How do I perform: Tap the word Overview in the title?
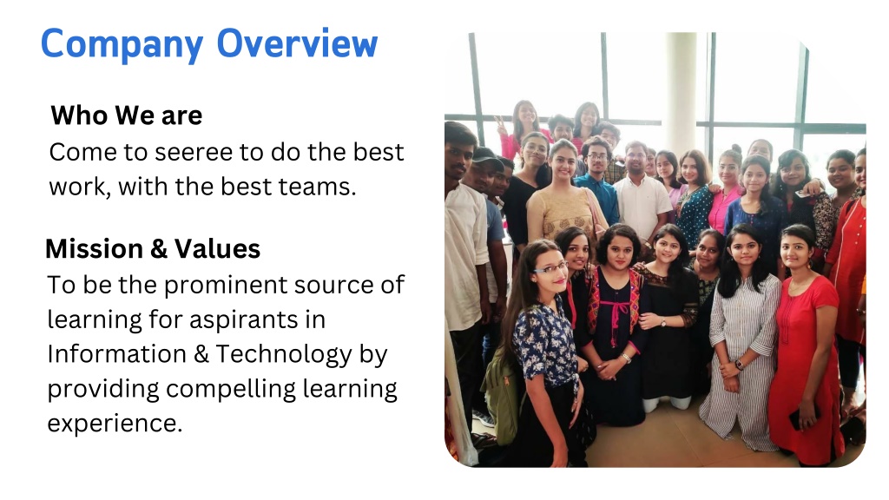coord(297,43)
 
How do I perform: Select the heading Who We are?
coord(127,115)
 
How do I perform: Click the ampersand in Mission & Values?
coord(159,249)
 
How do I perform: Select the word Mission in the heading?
coord(94,249)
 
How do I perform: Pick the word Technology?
coord(284,355)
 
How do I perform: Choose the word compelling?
coord(231,390)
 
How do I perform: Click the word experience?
coord(115,424)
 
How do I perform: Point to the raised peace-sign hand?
coord(500,126)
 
